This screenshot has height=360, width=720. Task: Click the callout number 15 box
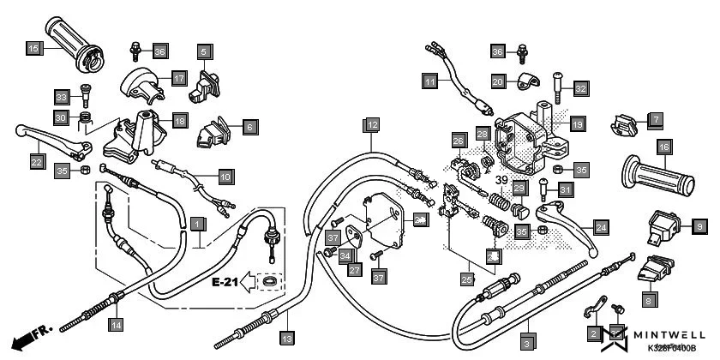33,49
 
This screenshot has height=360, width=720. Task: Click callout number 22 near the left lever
37,160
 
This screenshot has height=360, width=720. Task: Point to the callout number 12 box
370,125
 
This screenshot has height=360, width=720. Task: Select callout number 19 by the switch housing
577,125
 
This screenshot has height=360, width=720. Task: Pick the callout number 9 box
699,225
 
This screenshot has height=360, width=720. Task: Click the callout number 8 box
649,301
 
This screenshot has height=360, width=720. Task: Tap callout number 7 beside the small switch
655,119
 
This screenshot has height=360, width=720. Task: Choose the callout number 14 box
116,324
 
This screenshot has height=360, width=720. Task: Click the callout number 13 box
286,337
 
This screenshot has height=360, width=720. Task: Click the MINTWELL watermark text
675,336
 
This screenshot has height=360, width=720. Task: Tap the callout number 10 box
225,177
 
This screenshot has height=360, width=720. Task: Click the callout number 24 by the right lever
601,227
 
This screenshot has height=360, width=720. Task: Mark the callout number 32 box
581,88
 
